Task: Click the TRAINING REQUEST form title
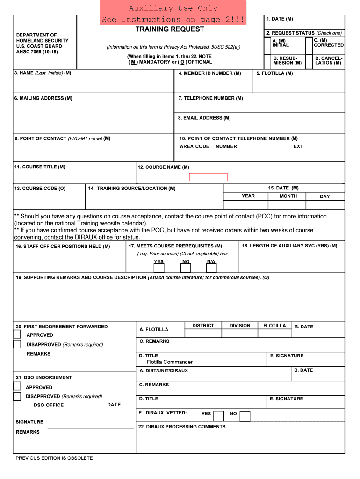click(170, 29)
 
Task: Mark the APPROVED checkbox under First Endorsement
click(17, 334)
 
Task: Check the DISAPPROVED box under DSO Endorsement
click(17, 397)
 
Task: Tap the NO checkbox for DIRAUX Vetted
click(245, 416)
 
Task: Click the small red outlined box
click(208, 177)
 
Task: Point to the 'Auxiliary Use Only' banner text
click(173, 8)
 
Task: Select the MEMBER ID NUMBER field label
click(209, 73)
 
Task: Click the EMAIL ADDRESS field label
click(204, 118)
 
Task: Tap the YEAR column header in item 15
click(248, 196)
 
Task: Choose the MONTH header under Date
click(288, 196)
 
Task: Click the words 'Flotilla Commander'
click(169, 362)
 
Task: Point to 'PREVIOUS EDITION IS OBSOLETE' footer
click(54, 458)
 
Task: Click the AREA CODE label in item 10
click(194, 146)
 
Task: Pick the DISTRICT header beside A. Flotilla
click(203, 326)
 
